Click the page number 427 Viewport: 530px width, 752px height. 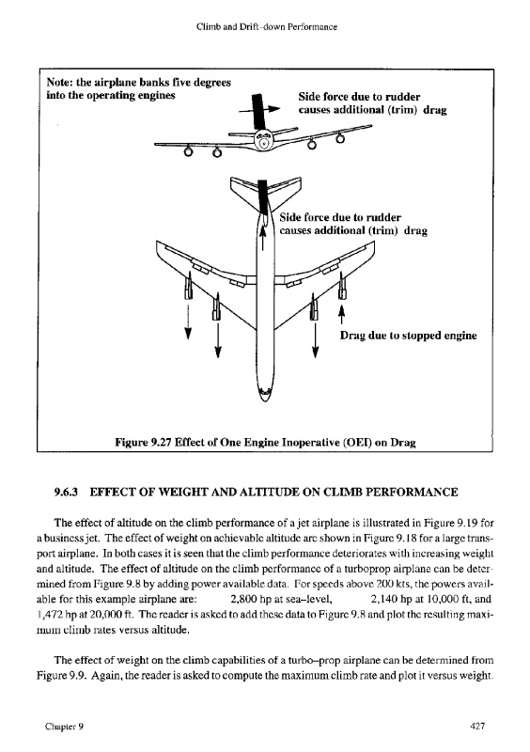[477, 726]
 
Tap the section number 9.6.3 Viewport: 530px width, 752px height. [66, 492]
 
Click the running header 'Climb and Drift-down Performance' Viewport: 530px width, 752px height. [267, 27]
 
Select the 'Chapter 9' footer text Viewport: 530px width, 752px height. [64, 727]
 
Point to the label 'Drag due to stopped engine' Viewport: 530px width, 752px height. [408, 336]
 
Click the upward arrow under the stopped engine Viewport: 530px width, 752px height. [341, 315]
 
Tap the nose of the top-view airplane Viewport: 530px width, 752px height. [264, 396]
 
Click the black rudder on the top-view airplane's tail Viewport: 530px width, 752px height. [262, 196]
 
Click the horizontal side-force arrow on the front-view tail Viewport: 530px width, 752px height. [259, 110]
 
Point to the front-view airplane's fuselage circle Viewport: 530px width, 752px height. [263, 141]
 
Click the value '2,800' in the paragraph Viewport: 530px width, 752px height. [243, 599]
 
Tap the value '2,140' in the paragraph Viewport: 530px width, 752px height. [383, 599]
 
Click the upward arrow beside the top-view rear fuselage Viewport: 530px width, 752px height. [263, 238]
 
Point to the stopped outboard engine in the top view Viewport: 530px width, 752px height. [341, 288]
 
